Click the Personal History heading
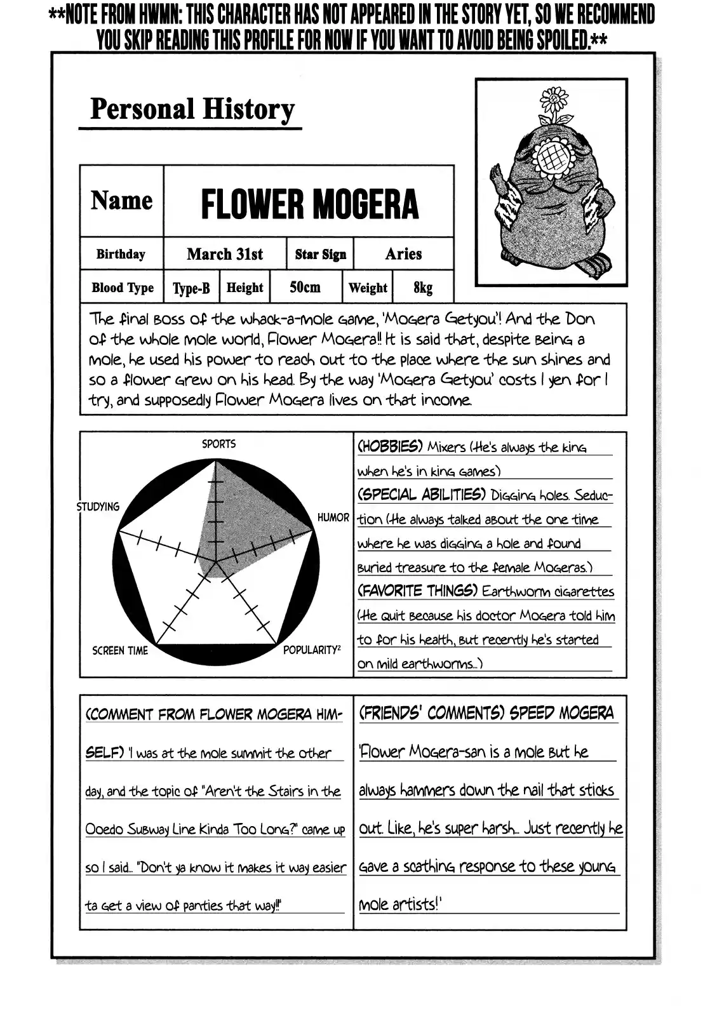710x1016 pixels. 192,110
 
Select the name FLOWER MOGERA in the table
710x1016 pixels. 309,204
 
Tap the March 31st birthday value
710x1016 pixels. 225,255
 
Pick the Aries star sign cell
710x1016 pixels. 403,254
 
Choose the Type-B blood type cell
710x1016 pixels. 191,288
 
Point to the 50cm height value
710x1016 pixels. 305,287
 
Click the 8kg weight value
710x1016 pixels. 423,288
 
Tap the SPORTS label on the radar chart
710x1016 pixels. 218,444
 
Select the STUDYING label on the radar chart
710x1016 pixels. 98,506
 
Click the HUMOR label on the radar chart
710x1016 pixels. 333,518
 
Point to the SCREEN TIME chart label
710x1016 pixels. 120,650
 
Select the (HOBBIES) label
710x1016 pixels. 390,446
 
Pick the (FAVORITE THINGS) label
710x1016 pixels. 417,591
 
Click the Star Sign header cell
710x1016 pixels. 321,255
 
